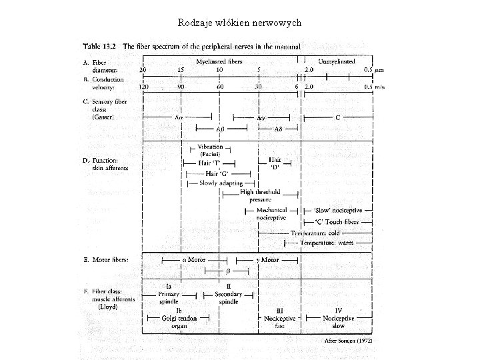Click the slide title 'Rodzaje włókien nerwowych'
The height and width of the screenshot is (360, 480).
pos(240,23)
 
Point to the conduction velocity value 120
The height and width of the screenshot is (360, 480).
pos(143,87)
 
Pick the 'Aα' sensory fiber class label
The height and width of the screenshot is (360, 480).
pos(179,117)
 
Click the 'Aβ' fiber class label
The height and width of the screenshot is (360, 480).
pos(219,128)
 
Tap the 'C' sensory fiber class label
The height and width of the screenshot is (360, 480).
pos(338,117)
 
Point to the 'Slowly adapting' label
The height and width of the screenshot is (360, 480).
pos(221,183)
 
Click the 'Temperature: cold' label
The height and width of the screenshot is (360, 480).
pos(315,233)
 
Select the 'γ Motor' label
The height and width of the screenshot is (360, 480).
pos(268,259)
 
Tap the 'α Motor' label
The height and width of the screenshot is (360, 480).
pos(194,259)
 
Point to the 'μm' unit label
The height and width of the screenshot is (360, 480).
pos(379,70)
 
